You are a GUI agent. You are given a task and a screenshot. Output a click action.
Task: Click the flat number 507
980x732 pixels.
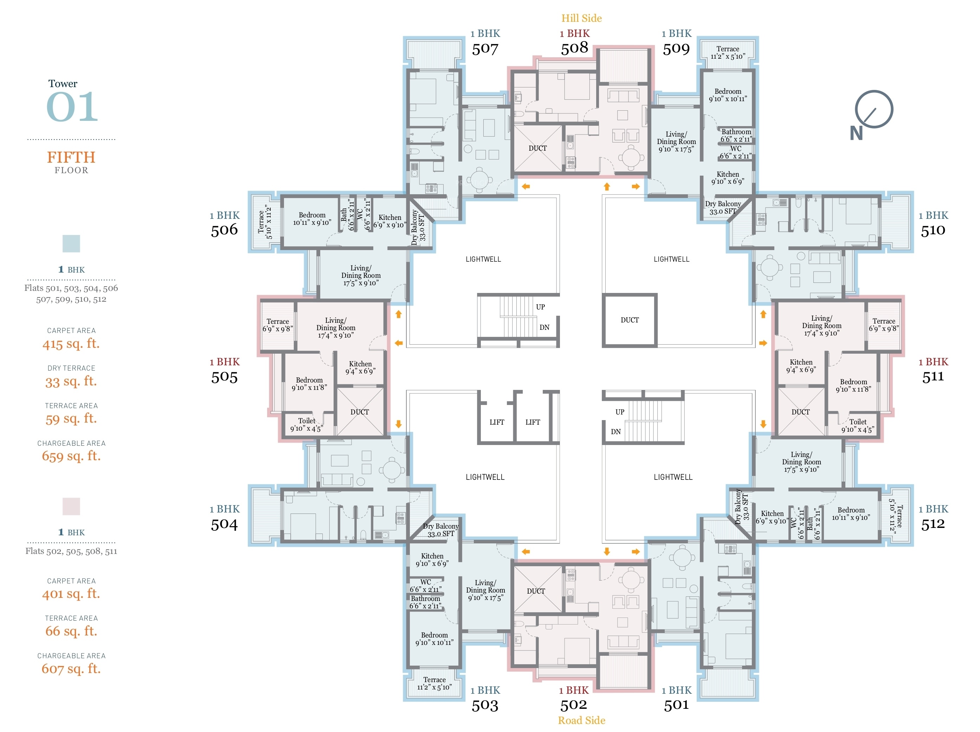[x=485, y=49]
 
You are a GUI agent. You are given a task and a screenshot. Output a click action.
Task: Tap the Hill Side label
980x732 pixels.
[x=581, y=18]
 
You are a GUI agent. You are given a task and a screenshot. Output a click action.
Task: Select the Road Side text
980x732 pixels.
[x=581, y=720]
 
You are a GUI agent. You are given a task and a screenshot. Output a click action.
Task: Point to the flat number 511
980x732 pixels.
[x=933, y=377]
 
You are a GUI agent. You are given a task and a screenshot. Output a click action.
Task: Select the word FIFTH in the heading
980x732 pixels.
[x=71, y=157]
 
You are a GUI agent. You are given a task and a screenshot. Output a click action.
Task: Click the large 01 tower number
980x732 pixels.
[x=72, y=107]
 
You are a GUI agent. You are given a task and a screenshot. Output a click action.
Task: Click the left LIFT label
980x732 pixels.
[x=497, y=422]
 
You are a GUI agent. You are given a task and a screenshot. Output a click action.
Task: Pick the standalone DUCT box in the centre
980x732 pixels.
[x=630, y=320]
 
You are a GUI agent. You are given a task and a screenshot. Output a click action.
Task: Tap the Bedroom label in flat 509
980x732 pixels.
[x=728, y=91]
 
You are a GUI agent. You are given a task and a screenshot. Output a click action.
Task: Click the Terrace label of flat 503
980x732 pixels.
[x=434, y=679]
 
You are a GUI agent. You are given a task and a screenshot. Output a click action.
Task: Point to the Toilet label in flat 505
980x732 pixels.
[x=307, y=421]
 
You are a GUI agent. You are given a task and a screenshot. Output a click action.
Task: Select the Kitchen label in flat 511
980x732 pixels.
[x=801, y=362]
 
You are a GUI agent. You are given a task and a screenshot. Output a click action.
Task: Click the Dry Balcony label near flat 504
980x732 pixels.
[x=441, y=526]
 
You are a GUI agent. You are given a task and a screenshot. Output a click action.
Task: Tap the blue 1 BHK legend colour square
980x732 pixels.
[x=71, y=243]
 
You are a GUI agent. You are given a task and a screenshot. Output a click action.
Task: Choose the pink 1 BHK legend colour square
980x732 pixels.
[x=71, y=506]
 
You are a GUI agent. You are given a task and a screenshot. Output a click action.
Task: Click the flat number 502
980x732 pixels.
[x=574, y=705]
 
